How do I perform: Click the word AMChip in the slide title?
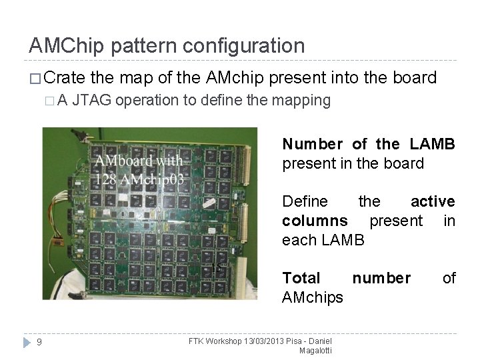pyautogui.click(x=66, y=46)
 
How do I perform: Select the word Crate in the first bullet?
pyautogui.click(x=68, y=79)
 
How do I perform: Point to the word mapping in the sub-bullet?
pyautogui.click(x=304, y=101)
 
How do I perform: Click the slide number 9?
pyautogui.click(x=39, y=343)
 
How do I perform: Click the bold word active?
pyautogui.click(x=433, y=201)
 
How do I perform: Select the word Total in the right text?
pyautogui.click(x=301, y=277)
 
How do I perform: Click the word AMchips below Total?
pyautogui.click(x=313, y=297)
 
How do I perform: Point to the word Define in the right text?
pyautogui.click(x=305, y=201)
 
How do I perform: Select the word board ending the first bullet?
pyautogui.click(x=416, y=79)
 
